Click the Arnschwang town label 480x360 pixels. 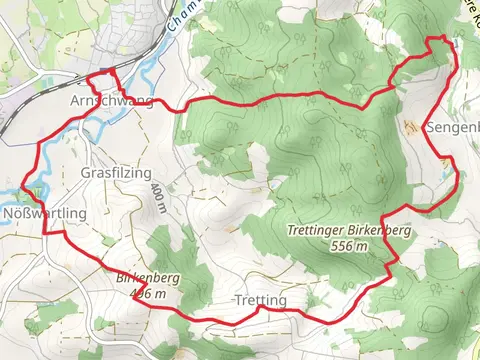pos(111,102)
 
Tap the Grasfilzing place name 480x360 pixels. pos(115,171)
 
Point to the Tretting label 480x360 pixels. pos(260,300)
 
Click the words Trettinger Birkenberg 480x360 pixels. pos(349,229)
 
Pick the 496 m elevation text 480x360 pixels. pos(147,293)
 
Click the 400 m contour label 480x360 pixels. pos(158,198)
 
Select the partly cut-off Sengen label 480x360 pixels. pos(452,129)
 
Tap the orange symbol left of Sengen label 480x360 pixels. pos(412,127)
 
